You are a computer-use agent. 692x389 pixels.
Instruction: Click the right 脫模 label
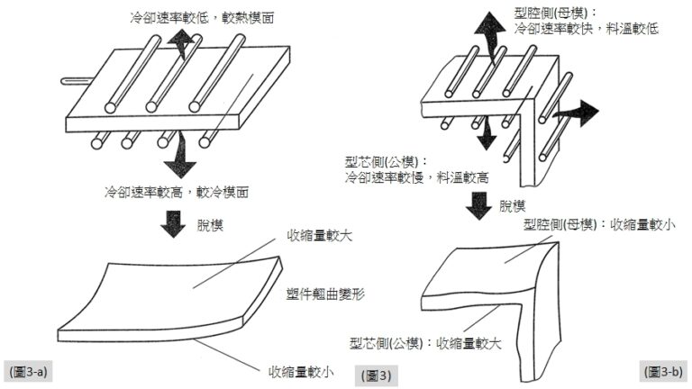[515, 206]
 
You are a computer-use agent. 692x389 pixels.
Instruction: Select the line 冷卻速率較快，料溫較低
[587, 30]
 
